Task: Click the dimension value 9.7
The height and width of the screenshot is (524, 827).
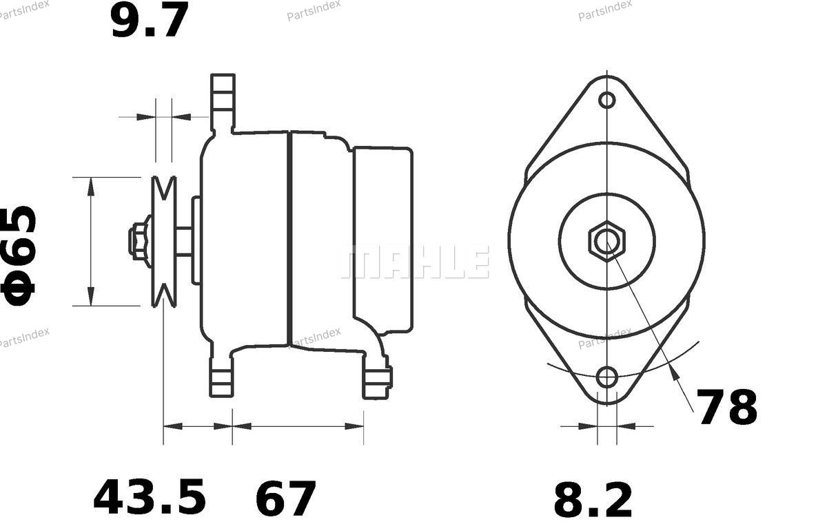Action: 150,19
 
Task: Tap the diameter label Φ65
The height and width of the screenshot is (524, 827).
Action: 19,255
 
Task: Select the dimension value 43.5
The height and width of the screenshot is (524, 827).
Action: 150,496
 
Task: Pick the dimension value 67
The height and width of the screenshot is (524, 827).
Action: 285,499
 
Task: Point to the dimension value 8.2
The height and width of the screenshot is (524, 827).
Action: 593,499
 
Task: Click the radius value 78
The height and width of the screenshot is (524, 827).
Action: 726,407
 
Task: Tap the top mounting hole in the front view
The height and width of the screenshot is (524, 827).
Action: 606,100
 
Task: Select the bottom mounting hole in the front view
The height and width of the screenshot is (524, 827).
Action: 606,377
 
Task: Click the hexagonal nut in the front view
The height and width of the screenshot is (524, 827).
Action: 607,242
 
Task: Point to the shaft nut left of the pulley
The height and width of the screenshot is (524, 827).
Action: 139,241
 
